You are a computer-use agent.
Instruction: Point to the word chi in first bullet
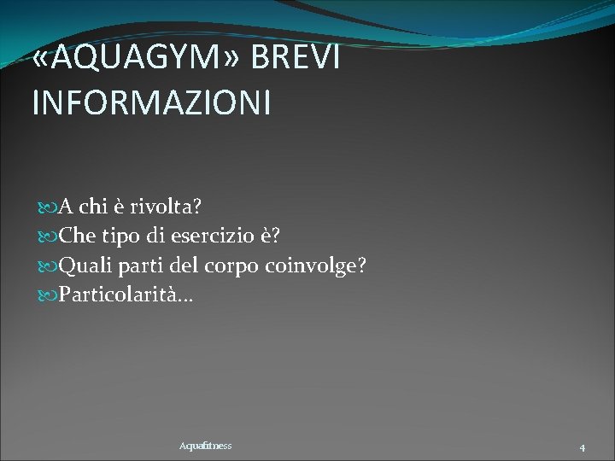pos(94,207)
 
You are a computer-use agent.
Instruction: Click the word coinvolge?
pos(316,266)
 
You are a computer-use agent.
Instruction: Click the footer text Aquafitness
pos(205,446)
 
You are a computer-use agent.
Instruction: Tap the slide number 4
pos(582,447)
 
